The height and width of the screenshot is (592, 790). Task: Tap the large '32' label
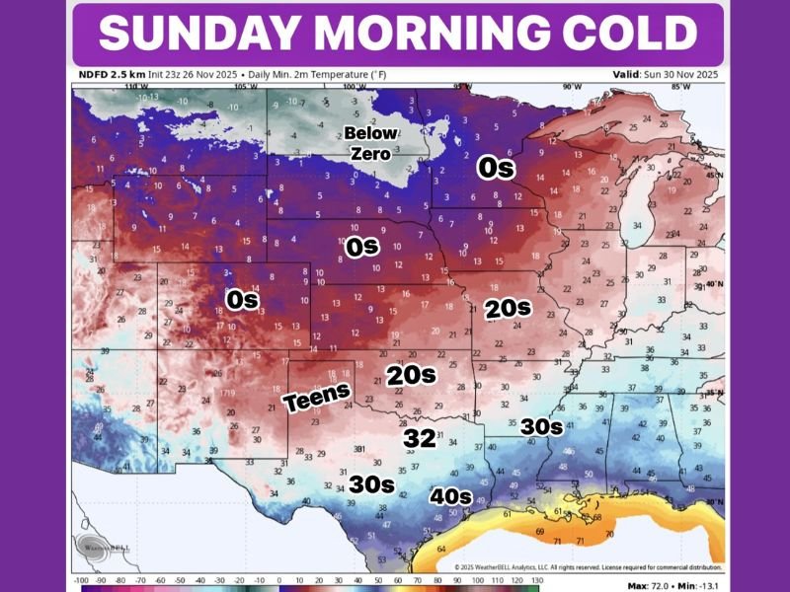coord(420,438)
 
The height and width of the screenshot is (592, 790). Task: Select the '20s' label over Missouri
coord(509,309)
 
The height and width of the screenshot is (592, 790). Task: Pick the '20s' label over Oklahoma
coord(410,375)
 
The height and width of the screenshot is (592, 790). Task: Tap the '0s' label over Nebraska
coord(362,247)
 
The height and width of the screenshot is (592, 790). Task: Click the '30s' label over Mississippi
coord(541,426)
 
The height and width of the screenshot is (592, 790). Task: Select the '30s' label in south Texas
coord(372,484)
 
